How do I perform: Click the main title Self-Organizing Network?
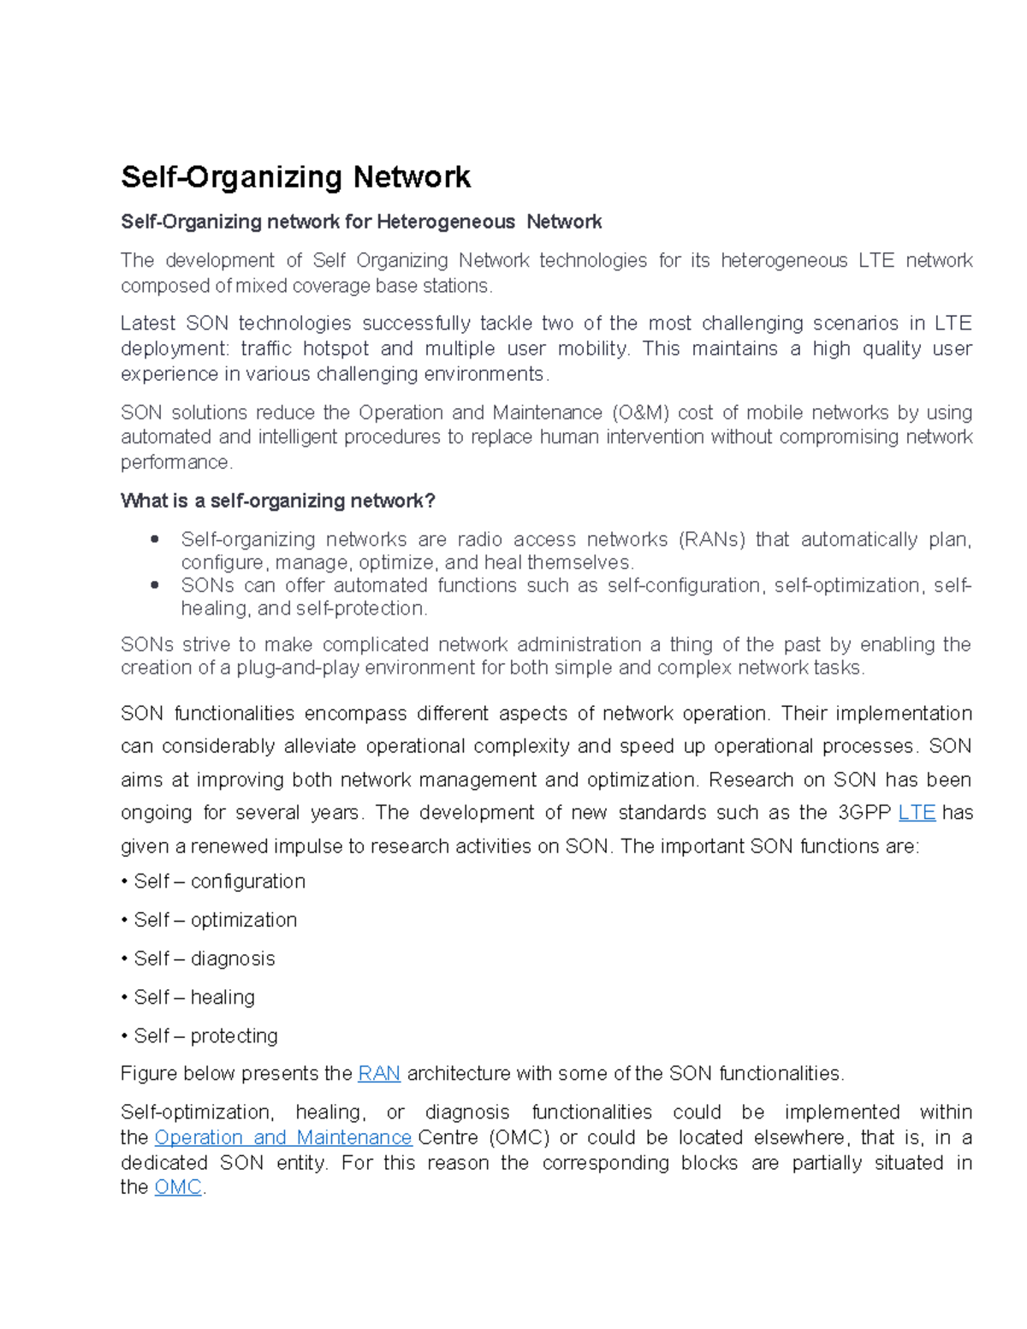[295, 177]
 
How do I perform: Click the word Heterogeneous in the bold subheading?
[445, 222]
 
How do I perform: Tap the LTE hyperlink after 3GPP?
[917, 813]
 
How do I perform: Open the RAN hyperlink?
[379, 1074]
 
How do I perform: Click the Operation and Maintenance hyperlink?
[283, 1138]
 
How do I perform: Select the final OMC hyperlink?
[177, 1188]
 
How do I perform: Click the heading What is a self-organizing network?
[278, 501]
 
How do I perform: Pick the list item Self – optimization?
[215, 920]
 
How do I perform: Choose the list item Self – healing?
[194, 998]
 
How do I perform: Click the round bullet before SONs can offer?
[155, 585]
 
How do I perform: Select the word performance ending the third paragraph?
[175, 463]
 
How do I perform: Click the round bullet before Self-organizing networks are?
[155, 539]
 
